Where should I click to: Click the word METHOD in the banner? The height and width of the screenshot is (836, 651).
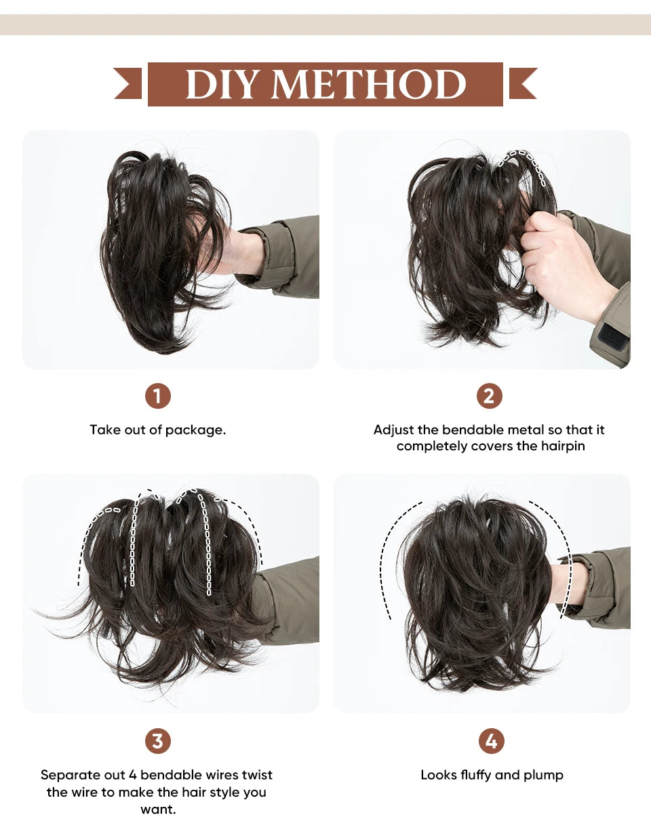(x=369, y=85)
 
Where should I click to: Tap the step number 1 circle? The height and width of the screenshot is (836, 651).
(x=157, y=396)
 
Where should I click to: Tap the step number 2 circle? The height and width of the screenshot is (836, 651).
(x=489, y=396)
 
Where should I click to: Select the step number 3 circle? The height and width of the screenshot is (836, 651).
(x=157, y=740)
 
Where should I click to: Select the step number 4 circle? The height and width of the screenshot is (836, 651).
(x=491, y=740)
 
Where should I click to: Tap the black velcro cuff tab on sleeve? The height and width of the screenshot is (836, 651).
(x=612, y=336)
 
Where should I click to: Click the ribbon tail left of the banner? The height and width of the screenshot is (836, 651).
(x=128, y=84)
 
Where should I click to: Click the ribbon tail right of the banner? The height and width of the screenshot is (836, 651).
(x=522, y=84)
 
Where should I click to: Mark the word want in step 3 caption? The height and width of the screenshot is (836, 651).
(x=157, y=809)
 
